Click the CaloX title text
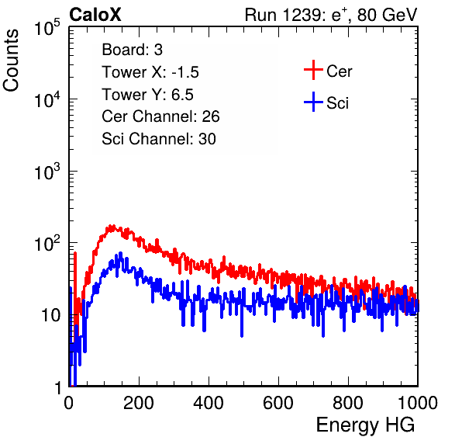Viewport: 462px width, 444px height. coord(95,15)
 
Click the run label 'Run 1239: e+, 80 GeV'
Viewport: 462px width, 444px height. coord(331,15)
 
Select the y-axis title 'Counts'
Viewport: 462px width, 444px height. coord(11,61)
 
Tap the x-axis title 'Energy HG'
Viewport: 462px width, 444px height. coord(365,425)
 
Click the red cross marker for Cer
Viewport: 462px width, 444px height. coord(313,70)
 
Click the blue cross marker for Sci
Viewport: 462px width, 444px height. coord(313,102)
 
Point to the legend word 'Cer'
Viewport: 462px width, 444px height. coord(339,71)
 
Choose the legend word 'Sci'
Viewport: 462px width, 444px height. coord(337,103)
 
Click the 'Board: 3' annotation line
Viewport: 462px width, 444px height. coord(132,50)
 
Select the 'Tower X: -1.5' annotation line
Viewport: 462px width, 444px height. coord(150,72)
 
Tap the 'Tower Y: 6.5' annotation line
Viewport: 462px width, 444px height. coord(147,95)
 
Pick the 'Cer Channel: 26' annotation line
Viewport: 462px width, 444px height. coord(160,116)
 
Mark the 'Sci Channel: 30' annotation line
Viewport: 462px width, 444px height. coord(159,139)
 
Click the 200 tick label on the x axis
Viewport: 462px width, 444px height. coord(139,403)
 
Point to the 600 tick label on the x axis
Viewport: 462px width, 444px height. coord(278,403)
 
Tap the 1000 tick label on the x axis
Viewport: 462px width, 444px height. coord(418,403)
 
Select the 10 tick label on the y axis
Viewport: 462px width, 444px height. coord(51,315)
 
